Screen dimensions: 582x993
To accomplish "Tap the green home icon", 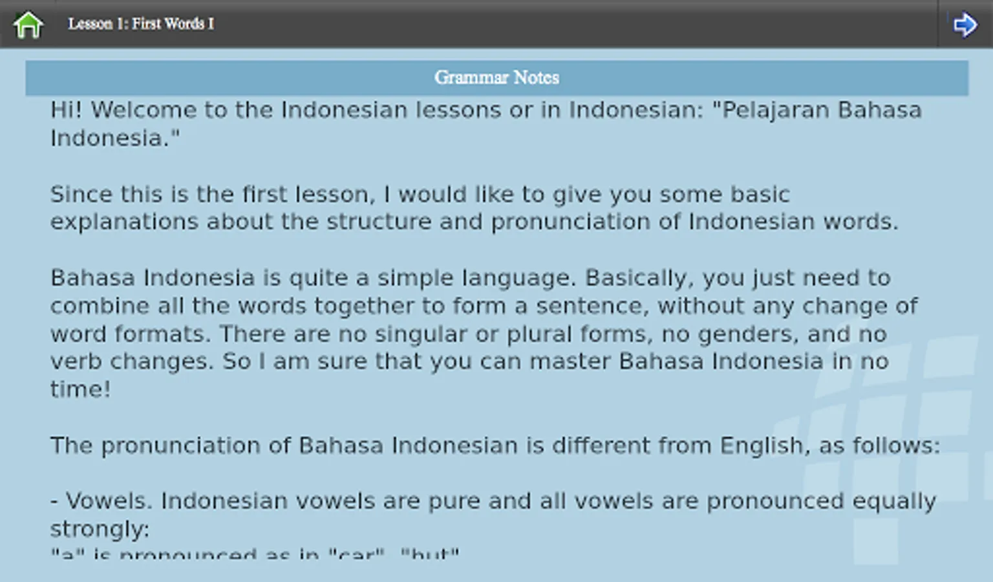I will [28, 25].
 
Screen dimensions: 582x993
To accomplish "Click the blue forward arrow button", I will [965, 25].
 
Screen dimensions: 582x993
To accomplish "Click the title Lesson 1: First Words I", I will [141, 24].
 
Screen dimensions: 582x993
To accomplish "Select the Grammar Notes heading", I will [496, 78].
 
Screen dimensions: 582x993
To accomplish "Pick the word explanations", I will [124, 222].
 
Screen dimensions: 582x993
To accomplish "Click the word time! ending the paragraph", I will [80, 389].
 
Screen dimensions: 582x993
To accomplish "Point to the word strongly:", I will [100, 529].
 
